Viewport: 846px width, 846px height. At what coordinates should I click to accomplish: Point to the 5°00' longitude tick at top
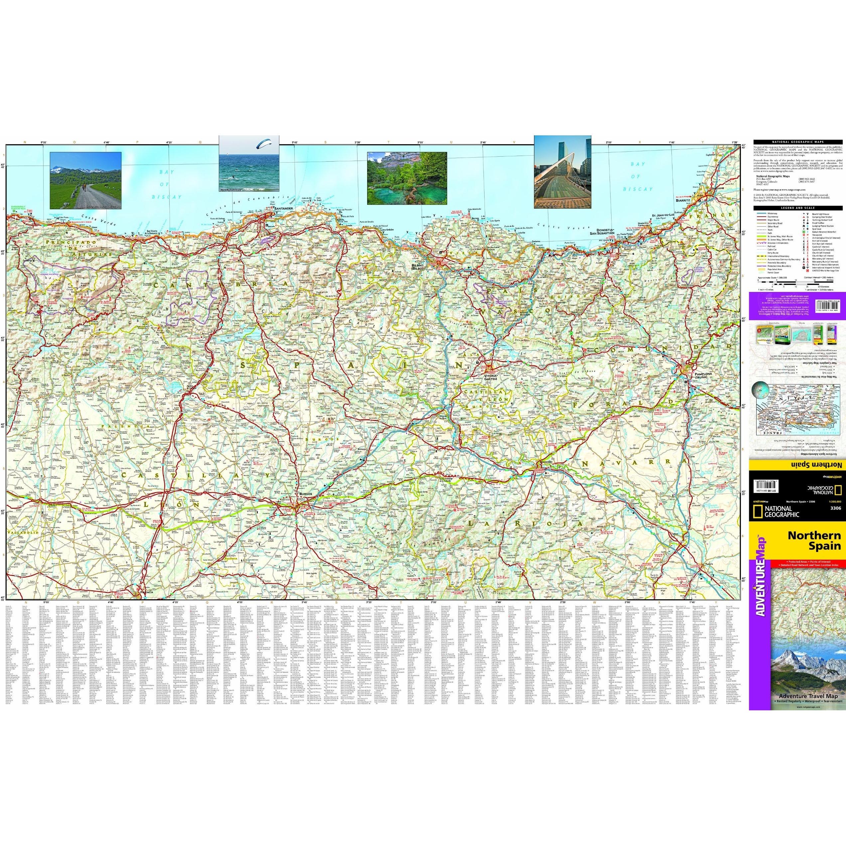tap(43, 143)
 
